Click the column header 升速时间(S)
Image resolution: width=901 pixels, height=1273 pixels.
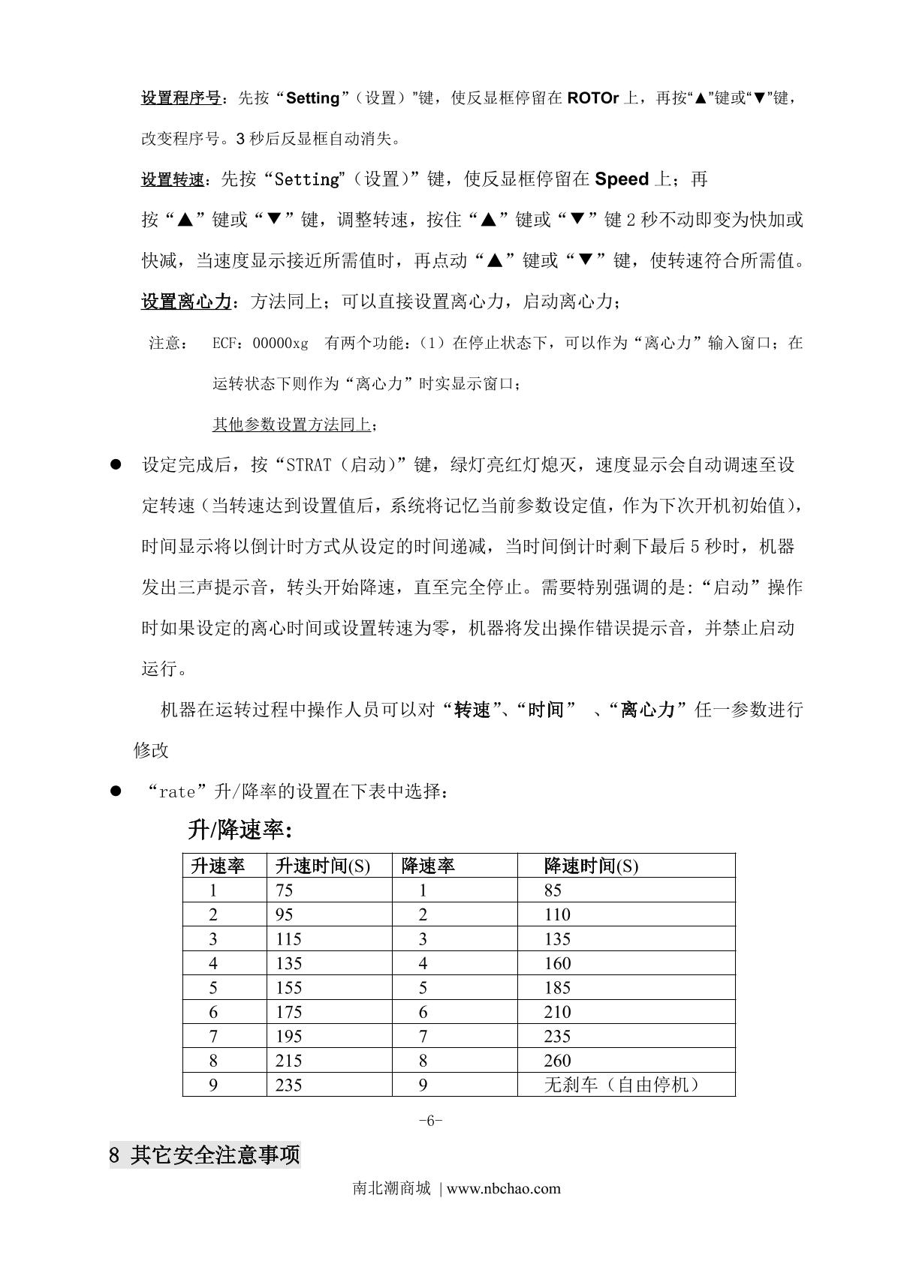click(323, 866)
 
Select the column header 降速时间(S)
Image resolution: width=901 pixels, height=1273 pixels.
click(591, 866)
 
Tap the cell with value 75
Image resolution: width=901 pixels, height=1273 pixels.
click(285, 890)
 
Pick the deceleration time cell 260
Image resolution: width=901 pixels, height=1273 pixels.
click(558, 1061)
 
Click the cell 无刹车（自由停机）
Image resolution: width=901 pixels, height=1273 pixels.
click(622, 1085)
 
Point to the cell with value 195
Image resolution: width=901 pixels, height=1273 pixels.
click(289, 1037)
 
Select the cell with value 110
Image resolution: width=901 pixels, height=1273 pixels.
click(558, 915)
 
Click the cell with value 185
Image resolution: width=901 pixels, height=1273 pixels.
click(558, 988)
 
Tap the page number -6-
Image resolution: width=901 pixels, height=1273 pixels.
click(430, 1121)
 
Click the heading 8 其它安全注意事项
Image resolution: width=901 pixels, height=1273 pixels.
click(205, 1155)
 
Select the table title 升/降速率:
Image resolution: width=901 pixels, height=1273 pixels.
click(240, 830)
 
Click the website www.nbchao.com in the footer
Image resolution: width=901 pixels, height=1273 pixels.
click(505, 1188)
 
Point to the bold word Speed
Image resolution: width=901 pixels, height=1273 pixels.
click(622, 179)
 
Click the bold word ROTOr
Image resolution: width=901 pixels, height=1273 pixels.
click(593, 98)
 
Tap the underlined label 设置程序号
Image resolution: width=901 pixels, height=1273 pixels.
click(181, 98)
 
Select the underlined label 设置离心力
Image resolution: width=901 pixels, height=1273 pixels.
click(186, 302)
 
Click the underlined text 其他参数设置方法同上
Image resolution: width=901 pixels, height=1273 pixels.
click(291, 425)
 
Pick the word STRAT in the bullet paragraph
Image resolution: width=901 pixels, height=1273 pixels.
click(309, 465)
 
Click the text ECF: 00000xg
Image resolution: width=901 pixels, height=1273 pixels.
click(260, 344)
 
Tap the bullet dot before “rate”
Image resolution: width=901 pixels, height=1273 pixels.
click(116, 791)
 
